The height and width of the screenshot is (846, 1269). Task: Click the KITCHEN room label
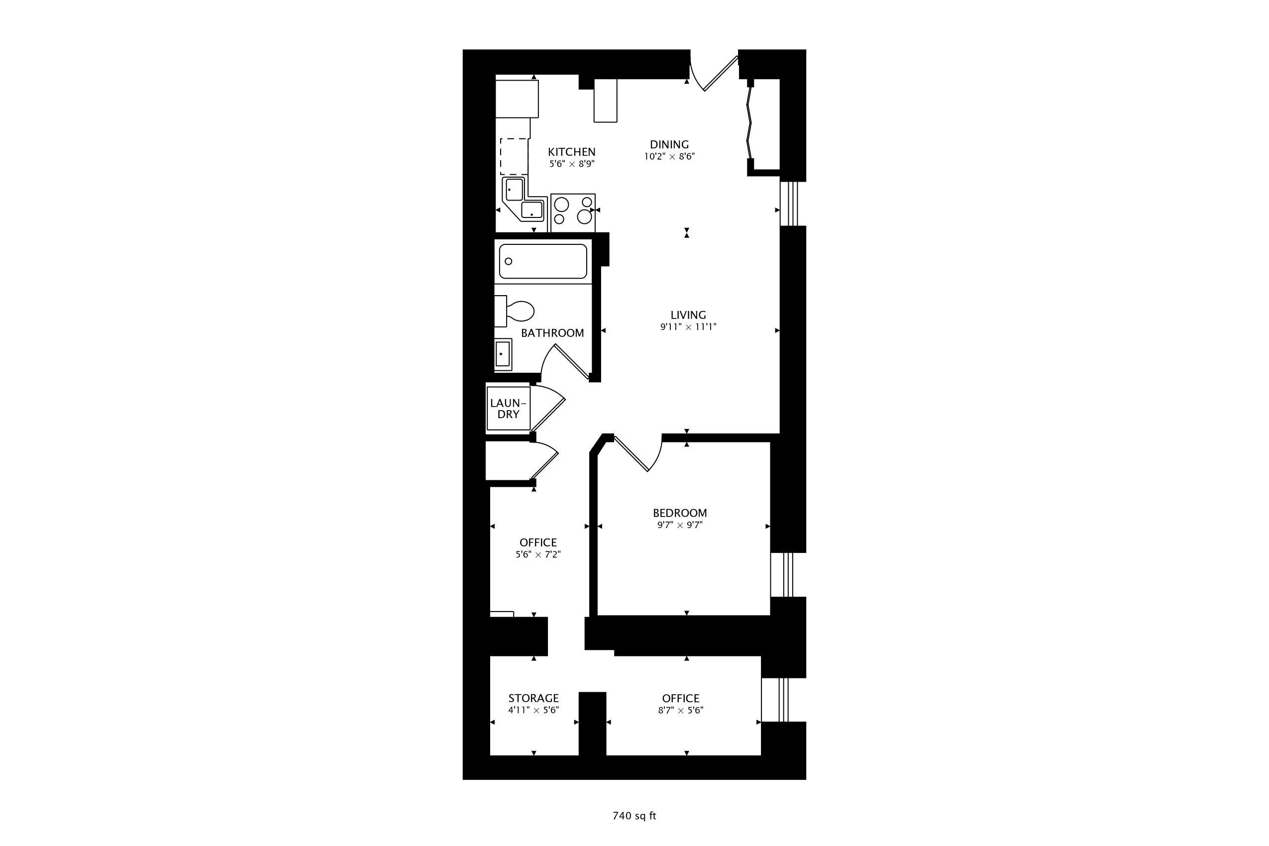coord(571,152)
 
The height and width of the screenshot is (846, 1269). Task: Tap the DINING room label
coord(669,145)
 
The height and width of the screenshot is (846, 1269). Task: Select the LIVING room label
coord(688,315)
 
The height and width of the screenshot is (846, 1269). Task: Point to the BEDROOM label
coord(679,513)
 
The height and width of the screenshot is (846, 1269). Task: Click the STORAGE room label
coord(533,698)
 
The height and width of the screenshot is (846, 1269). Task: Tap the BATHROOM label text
coord(552,333)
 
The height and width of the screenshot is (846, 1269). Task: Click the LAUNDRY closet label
coord(508,409)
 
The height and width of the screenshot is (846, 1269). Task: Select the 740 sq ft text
coord(634,816)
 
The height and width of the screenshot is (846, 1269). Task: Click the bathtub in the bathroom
coord(543,262)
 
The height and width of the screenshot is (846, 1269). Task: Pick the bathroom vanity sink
coord(503,354)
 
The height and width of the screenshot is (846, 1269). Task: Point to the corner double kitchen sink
coord(524,199)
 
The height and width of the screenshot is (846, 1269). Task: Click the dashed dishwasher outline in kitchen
coord(514,156)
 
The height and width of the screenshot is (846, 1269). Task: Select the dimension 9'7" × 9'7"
coord(679,525)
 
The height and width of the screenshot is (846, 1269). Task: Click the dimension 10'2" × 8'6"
coord(669,156)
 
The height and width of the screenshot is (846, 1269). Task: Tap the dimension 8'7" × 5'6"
coord(680,710)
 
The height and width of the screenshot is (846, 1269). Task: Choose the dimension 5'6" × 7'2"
coord(538,554)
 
